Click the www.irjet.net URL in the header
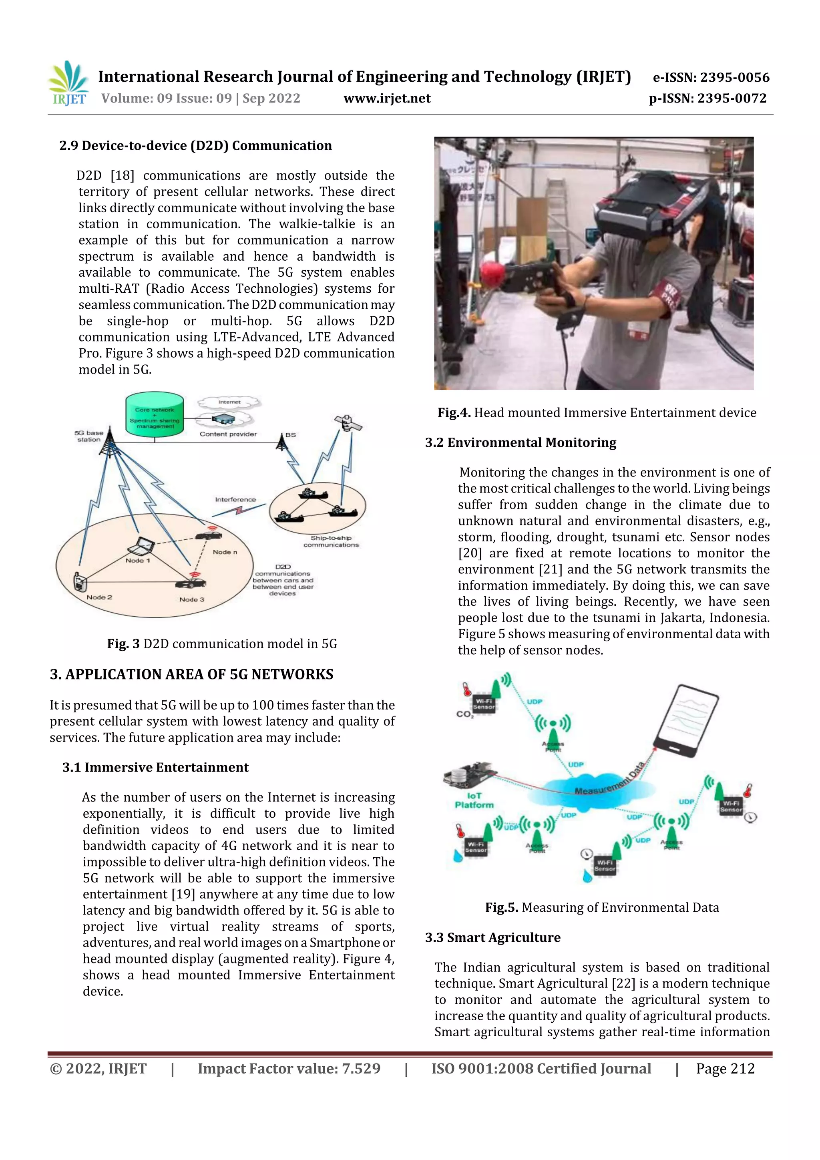pyautogui.click(x=387, y=99)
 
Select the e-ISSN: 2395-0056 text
pyautogui.click(x=711, y=77)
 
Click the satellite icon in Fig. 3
pyautogui.click(x=348, y=423)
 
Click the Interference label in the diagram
pyautogui.click(x=235, y=500)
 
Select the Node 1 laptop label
pyautogui.click(x=137, y=560)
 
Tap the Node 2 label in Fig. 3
pyautogui.click(x=100, y=597)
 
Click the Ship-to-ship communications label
pyautogui.click(x=331, y=541)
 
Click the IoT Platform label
pyautogui.click(x=474, y=800)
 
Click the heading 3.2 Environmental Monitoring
pyautogui.click(x=521, y=442)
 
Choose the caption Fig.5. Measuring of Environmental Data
pyautogui.click(x=602, y=907)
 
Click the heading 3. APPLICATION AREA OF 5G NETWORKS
pyautogui.click(x=191, y=674)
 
